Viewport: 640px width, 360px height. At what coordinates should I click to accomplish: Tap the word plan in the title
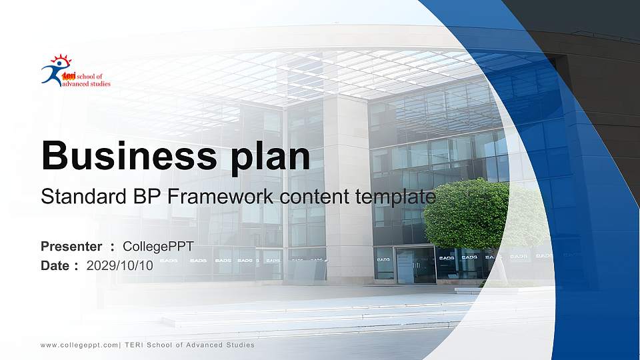(270, 157)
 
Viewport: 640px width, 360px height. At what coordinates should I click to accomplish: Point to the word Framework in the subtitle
(220, 196)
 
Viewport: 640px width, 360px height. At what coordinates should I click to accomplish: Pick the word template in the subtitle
(395, 197)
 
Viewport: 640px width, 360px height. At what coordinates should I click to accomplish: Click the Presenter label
(71, 247)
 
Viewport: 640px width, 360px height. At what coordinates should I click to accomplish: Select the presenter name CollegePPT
(159, 247)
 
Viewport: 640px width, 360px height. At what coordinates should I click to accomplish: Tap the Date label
(55, 266)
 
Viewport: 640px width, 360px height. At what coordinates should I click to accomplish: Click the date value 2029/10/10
(119, 266)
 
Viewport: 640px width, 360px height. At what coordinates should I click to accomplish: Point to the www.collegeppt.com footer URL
(79, 345)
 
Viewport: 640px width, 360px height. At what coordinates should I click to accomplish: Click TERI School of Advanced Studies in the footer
(190, 345)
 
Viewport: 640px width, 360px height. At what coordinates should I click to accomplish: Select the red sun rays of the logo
(61, 59)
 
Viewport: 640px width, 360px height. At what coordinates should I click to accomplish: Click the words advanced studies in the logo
(86, 84)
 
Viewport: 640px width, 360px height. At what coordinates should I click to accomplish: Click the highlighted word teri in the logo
(69, 76)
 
